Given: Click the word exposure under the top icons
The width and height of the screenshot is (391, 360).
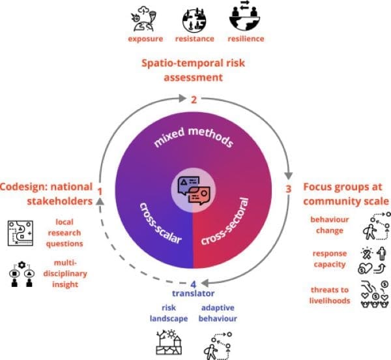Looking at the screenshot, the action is tap(145, 39).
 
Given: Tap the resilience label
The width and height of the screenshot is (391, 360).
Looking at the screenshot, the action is tap(246, 38).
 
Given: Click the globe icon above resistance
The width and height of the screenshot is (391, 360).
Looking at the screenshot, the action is tap(194, 19).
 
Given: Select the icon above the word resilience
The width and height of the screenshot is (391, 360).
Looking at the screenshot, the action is tap(244, 16).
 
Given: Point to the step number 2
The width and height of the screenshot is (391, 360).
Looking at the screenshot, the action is tap(194, 100).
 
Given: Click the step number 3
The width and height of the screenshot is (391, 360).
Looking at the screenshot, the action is tap(288, 189).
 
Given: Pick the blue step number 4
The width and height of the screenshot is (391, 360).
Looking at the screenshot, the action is tap(194, 284).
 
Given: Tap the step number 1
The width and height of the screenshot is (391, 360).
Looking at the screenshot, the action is tap(100, 192).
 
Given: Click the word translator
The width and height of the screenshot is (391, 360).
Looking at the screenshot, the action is tap(194, 293).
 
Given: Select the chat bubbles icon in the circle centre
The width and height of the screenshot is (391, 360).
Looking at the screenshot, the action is tap(194, 190).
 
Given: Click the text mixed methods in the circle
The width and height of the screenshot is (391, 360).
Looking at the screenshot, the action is tap(194, 137).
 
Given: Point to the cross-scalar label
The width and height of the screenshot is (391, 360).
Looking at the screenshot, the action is tap(160, 223).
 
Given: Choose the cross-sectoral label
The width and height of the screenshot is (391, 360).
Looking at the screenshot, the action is tap(225, 221).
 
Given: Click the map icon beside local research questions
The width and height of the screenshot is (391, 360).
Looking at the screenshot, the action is tap(20, 233).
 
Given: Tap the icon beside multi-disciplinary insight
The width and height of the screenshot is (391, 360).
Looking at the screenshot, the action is tap(22, 274).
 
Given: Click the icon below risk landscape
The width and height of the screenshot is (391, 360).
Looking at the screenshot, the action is tap(169, 342).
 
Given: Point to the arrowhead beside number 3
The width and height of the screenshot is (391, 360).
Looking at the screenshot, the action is tap(289, 175).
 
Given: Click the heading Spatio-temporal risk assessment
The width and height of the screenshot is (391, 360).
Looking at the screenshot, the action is tap(194, 70).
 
